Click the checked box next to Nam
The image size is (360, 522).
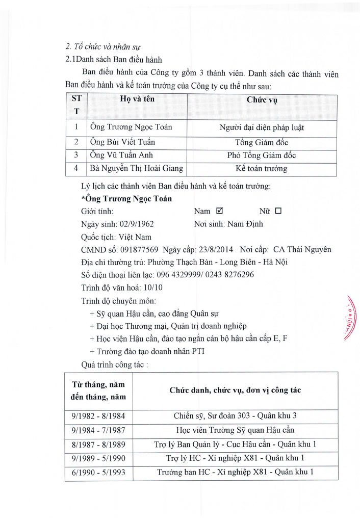(x=220, y=211)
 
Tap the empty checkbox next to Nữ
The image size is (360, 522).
(x=278, y=211)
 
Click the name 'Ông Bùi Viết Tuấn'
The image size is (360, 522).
(x=118, y=142)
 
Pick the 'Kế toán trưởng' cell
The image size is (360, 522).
(x=261, y=168)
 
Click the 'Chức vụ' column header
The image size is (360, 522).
(x=261, y=100)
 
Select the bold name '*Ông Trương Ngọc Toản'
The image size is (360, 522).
(x=126, y=198)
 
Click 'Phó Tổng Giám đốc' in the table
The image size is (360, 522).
(x=261, y=155)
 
